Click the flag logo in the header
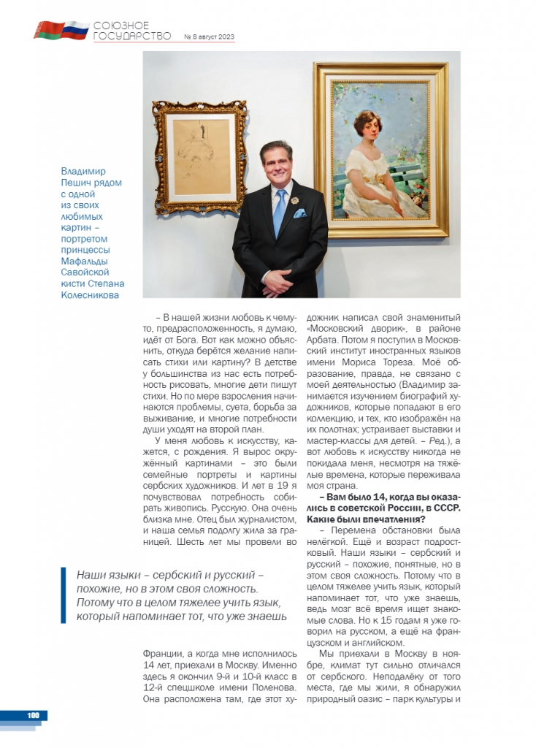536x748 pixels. [x=61, y=30]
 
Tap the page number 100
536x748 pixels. [x=33, y=715]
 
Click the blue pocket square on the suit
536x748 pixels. [x=299, y=214]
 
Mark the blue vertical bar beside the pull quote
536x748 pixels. [x=65, y=595]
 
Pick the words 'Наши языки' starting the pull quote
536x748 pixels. [x=104, y=575]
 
